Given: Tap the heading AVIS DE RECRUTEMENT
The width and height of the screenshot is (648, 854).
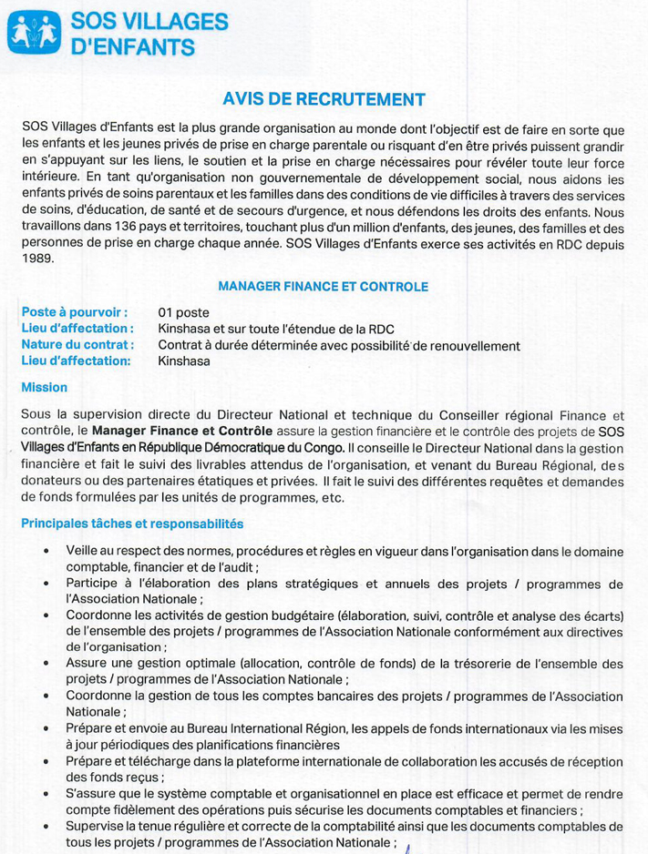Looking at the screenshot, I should pos(324,99).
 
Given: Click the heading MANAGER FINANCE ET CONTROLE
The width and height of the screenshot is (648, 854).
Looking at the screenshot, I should pos(323,287).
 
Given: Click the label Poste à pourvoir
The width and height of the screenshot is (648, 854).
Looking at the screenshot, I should pos(74,312).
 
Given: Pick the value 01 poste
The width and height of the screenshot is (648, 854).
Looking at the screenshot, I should pos(183,312).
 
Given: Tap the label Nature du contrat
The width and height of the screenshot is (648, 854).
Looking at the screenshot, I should pos(77,345).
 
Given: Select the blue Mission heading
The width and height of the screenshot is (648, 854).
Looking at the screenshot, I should pos(44,387).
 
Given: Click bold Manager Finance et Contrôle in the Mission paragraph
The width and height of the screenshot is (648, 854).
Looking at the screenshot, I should pos(182,432).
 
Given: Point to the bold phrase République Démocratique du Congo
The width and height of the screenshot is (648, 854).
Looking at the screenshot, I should pos(252,447).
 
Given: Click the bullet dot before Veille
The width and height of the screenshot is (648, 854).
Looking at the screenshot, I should pos(46,552).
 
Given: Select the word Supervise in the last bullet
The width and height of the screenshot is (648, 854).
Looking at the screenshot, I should pos(96,826).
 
